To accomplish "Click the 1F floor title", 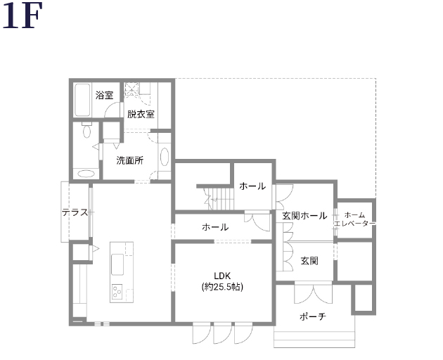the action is [22, 15].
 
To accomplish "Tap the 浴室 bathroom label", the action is [104, 95].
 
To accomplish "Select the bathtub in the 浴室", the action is [83, 100].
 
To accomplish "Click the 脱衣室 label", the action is [141, 114].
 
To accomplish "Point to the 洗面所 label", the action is [130, 160].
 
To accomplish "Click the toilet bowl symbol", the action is [86, 131].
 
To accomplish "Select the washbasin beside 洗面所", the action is [165, 157].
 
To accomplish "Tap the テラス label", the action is [75, 212].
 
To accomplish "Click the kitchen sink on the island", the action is [117, 264].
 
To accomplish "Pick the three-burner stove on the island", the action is [117, 292].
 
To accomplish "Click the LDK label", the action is [222, 276].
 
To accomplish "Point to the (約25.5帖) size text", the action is [222, 287].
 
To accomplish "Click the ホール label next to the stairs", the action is [252, 186].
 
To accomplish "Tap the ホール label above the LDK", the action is [215, 227].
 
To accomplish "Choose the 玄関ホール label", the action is [304, 216].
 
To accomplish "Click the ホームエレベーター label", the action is [355, 219].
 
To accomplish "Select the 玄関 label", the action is [309, 261].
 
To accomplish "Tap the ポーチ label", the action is [313, 316].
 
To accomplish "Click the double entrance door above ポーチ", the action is [314, 294].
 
